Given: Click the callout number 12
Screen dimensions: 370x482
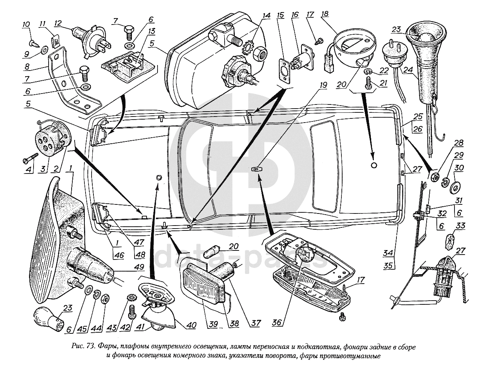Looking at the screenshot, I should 58,23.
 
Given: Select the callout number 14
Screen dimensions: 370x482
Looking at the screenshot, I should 266,16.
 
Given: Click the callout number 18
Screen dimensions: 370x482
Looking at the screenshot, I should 325,14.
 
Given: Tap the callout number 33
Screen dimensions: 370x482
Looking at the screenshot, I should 461,226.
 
